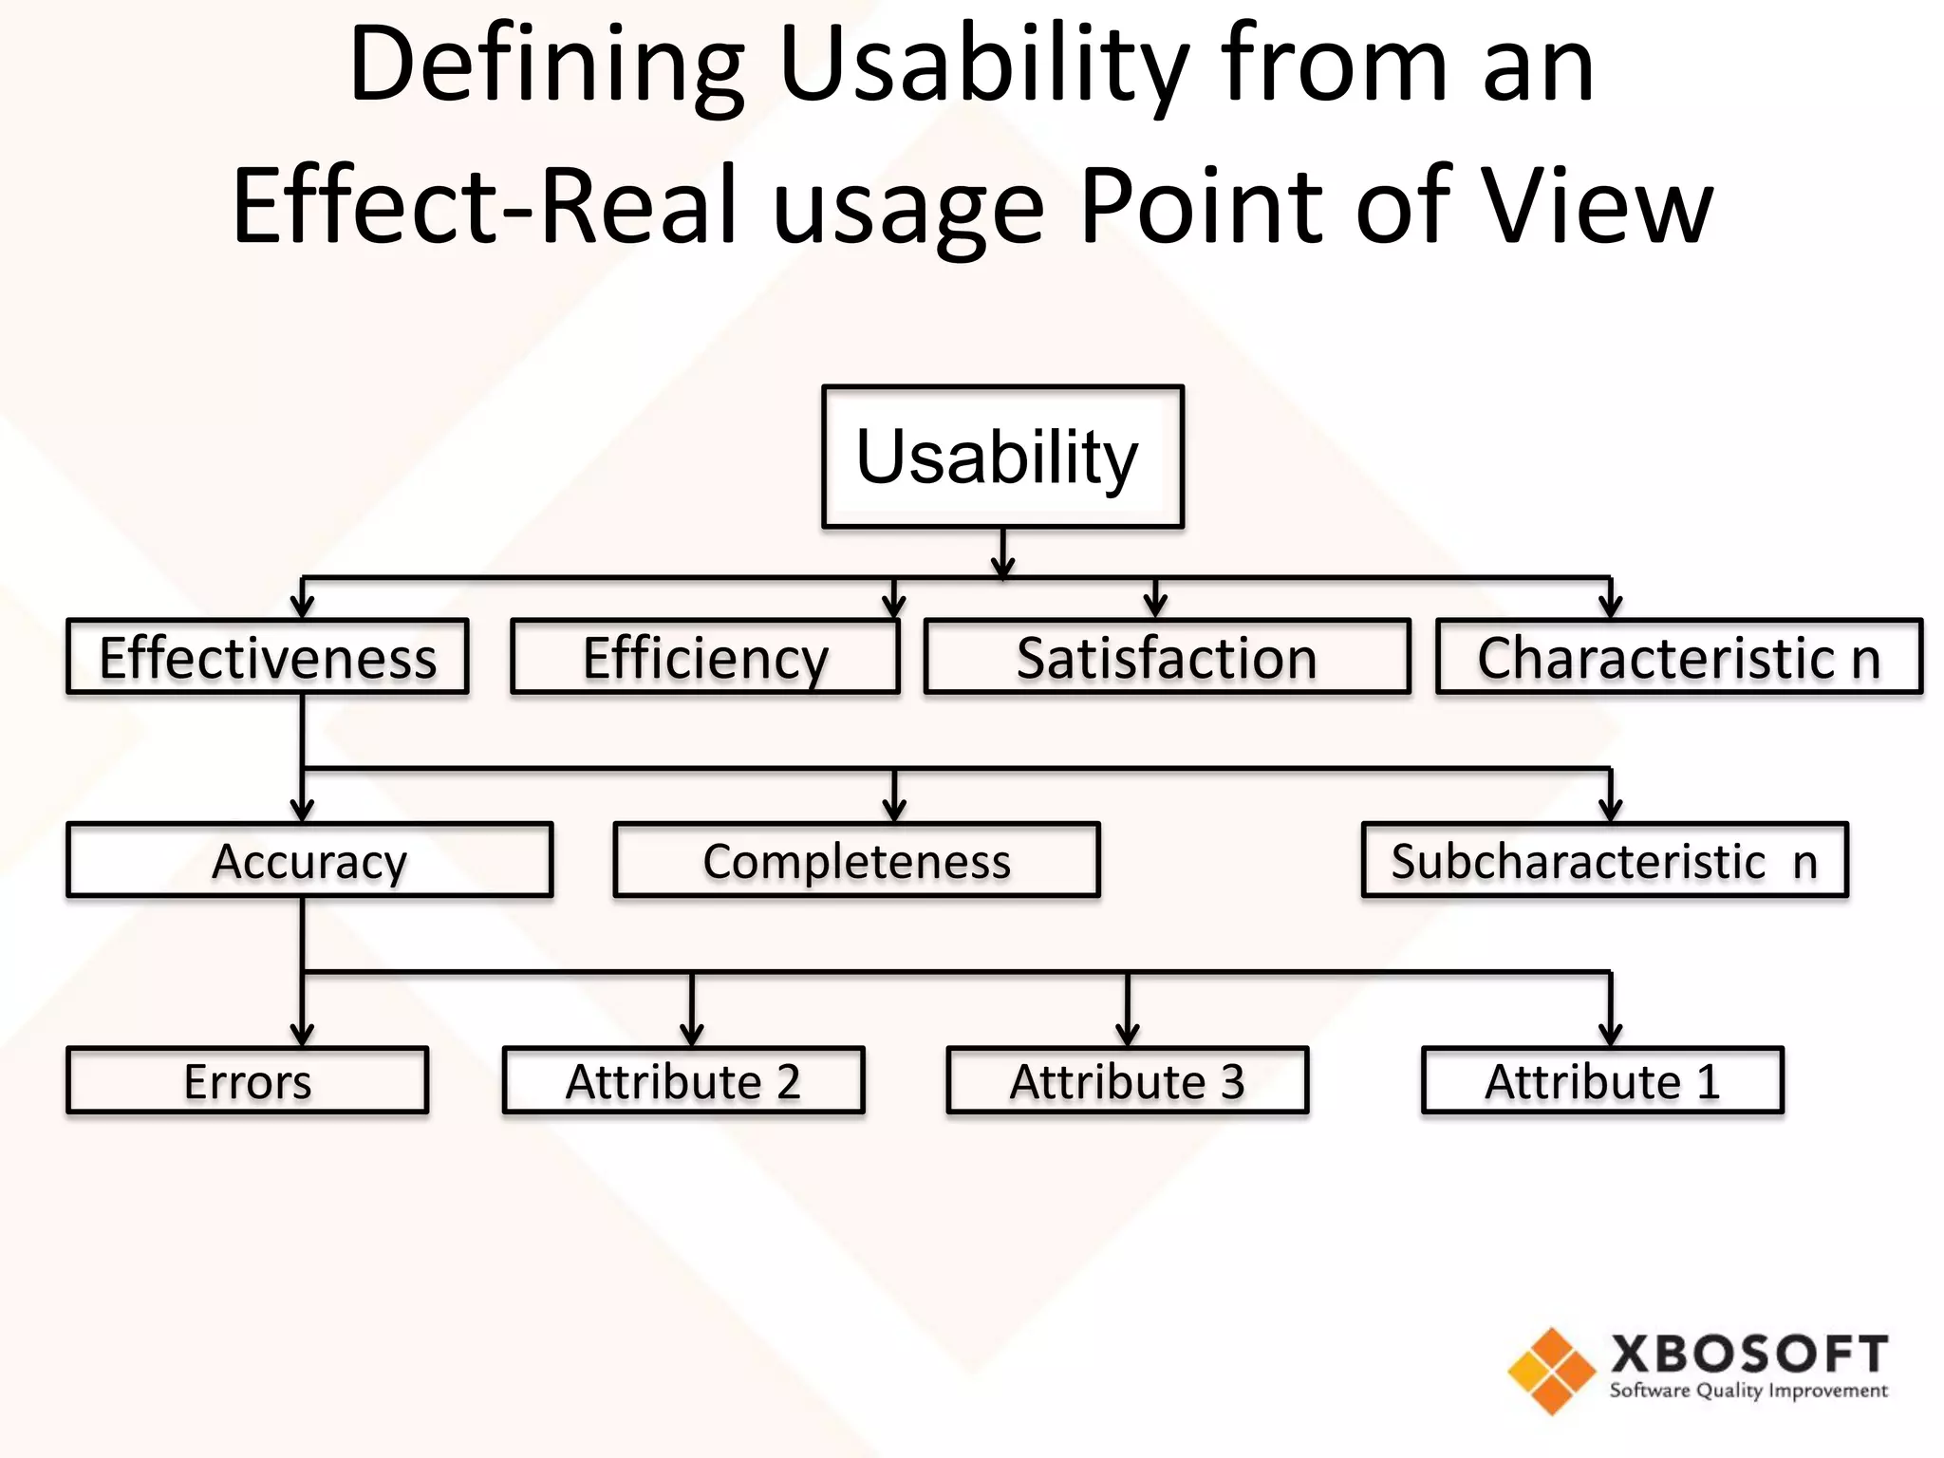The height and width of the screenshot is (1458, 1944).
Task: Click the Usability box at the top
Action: tap(1002, 457)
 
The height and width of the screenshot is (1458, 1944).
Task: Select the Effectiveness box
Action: tap(268, 657)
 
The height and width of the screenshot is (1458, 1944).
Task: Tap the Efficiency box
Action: tap(704, 657)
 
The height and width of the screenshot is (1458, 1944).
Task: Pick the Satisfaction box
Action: tap(1167, 657)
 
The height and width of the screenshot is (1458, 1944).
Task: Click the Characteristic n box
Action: tap(1678, 657)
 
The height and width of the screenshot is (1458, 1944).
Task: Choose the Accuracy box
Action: tap(309, 860)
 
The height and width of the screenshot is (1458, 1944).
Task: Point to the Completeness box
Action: tap(856, 860)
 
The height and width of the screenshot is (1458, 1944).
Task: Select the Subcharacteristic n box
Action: tap(1604, 860)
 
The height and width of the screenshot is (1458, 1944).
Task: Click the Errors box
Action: tap(247, 1080)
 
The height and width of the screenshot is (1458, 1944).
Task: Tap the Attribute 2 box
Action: tap(683, 1080)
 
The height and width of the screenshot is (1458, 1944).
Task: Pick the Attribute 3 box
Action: tap(1127, 1080)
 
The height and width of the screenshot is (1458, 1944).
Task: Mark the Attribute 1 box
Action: tap(1602, 1080)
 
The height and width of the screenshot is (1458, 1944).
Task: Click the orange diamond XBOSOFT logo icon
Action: tap(1551, 1371)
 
